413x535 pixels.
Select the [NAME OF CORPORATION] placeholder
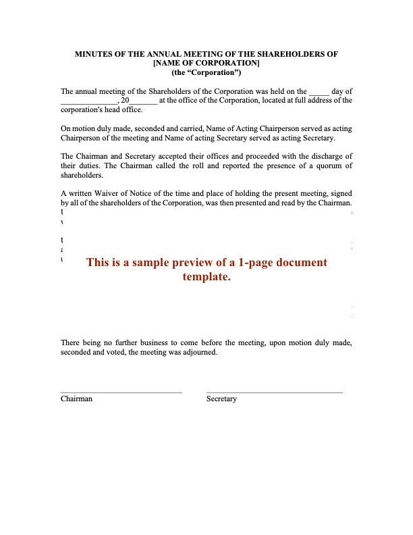[206, 63]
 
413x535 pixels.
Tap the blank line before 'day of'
[319, 91]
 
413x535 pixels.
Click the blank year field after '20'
[144, 101]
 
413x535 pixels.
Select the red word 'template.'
[206, 276]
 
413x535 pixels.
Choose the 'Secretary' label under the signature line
[221, 399]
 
